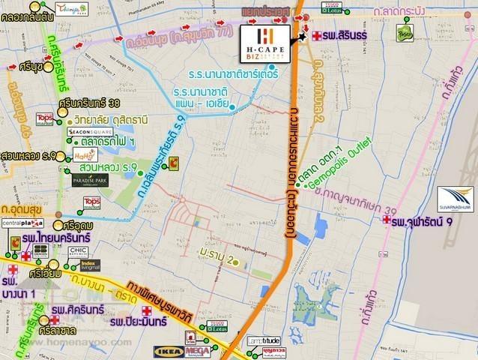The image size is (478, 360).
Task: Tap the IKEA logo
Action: point(166,349)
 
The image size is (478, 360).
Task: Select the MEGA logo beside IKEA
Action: point(195,349)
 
